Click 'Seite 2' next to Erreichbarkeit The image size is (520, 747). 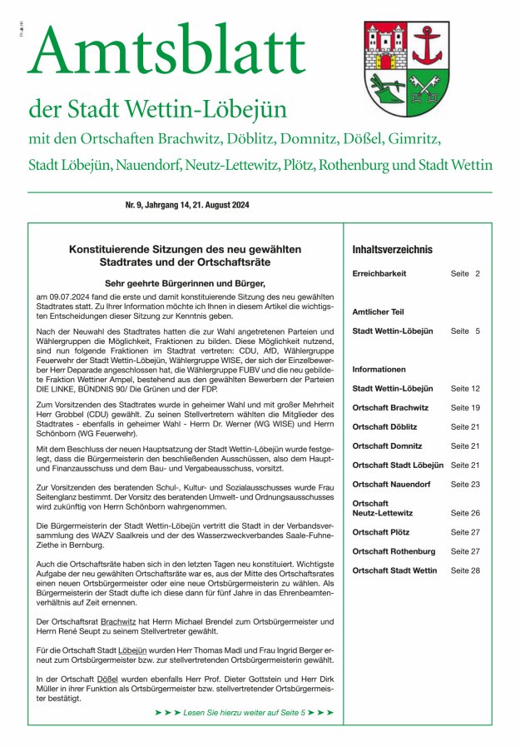click(465, 273)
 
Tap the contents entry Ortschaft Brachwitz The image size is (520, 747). click(390, 407)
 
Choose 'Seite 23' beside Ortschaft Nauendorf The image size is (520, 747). click(465, 484)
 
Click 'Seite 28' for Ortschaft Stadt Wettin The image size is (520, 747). click(465, 570)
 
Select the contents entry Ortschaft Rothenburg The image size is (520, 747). click(394, 551)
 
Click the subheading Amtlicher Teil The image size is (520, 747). click(378, 311)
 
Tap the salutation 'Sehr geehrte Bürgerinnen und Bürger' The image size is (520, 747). click(185, 283)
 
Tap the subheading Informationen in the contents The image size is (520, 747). click(379, 369)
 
